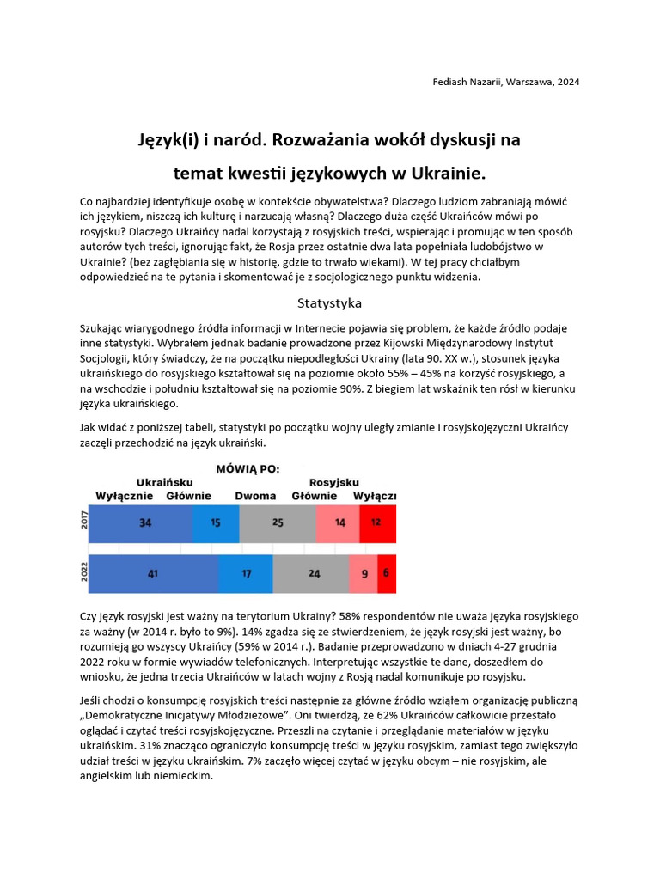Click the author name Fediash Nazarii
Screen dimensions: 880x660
coord(469,82)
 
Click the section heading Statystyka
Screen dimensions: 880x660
coord(329,303)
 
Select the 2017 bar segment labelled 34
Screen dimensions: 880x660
coord(141,523)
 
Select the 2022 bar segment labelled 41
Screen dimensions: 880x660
coord(154,574)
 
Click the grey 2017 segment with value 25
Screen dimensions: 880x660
coord(278,523)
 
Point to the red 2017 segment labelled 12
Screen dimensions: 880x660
coord(377,523)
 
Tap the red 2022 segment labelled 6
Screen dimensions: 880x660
coord(387,574)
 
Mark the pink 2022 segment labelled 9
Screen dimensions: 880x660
coord(363,574)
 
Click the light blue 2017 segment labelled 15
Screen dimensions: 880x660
coord(216,523)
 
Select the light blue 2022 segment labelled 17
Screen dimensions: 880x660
coord(246,574)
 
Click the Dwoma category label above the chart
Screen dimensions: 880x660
coord(255,496)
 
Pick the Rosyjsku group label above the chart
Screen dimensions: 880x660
coord(334,482)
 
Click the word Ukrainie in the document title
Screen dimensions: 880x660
coord(443,173)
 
